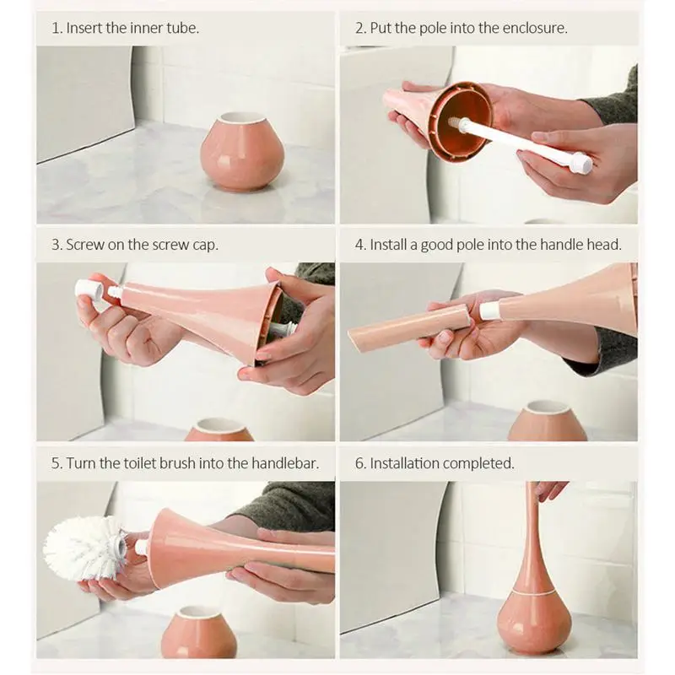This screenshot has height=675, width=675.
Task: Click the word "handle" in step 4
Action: pyautogui.click(x=561, y=245)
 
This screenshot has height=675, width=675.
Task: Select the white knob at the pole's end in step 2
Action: pyautogui.click(x=581, y=164)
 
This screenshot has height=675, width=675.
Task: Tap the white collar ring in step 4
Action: pyautogui.click(x=490, y=310)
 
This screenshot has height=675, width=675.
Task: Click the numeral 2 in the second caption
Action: pyautogui.click(x=359, y=28)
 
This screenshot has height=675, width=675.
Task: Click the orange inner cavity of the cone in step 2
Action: pyautogui.click(x=460, y=122)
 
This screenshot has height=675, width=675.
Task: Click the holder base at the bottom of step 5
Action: pyautogui.click(x=199, y=632)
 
